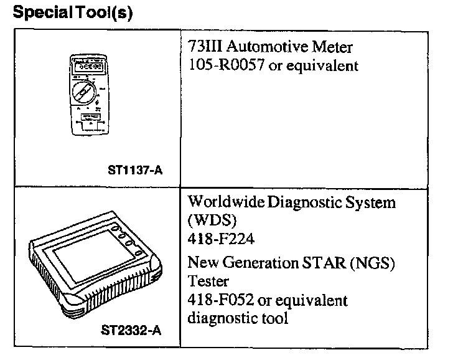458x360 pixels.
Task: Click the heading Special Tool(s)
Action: [72, 13]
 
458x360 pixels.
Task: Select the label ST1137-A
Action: [135, 168]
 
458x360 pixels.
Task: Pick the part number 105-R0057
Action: [227, 65]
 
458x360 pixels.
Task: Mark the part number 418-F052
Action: [222, 300]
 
